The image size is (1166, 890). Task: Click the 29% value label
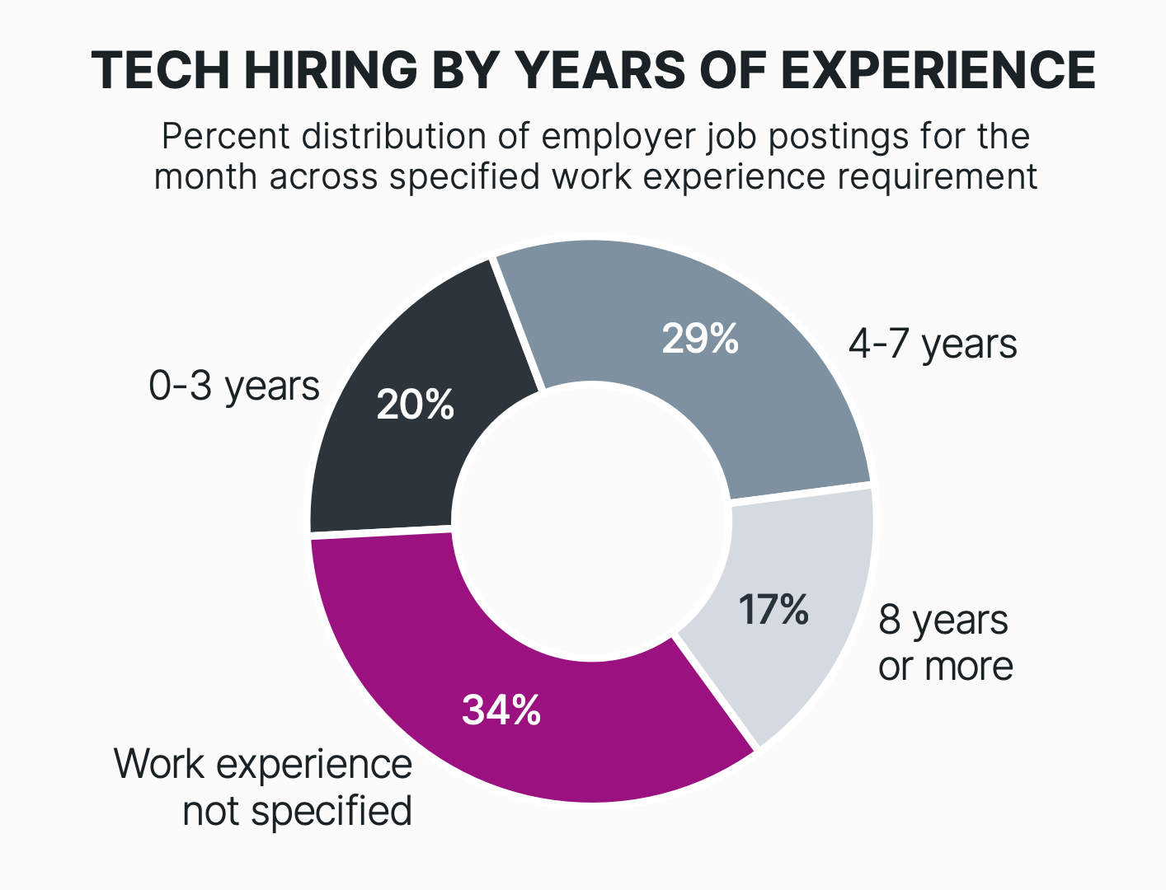click(x=700, y=339)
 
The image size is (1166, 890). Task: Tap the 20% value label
click(x=416, y=405)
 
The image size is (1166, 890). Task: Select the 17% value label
click(x=773, y=610)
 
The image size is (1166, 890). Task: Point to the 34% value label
click(x=501, y=710)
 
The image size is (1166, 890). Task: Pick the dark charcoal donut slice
click(x=388, y=461)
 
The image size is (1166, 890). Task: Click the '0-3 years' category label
click(x=234, y=386)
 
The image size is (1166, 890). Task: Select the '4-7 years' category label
click(x=933, y=344)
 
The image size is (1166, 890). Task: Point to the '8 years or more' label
click(x=945, y=643)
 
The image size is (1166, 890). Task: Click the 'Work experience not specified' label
click(x=264, y=787)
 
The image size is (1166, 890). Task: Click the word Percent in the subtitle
click(x=225, y=136)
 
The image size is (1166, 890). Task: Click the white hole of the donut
click(x=591, y=520)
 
